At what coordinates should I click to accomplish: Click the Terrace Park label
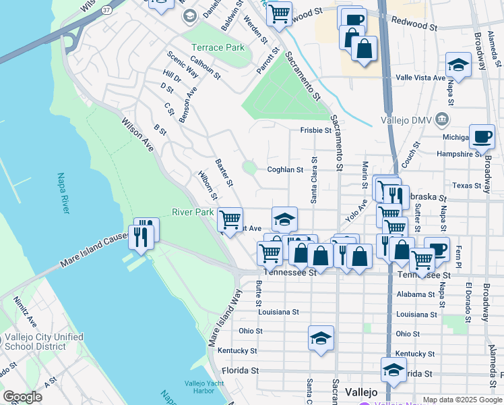point(218,48)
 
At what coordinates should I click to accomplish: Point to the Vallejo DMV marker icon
point(442,119)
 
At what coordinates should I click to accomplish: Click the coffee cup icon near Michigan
point(482,137)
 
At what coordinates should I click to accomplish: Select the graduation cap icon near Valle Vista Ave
point(458,65)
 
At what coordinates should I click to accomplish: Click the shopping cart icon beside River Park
point(230,219)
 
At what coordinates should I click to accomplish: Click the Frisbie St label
point(316,131)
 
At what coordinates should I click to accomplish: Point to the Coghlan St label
point(285,170)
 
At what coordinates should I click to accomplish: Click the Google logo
point(22,397)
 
